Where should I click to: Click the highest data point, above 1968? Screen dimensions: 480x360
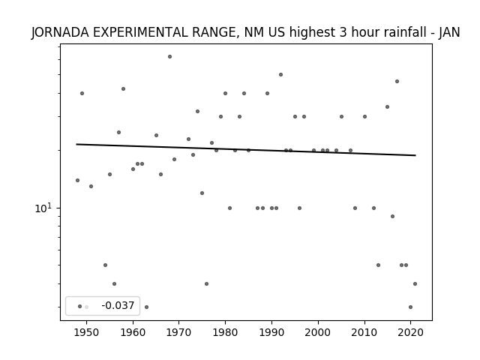[170, 57]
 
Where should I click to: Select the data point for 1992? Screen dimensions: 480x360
[280, 75]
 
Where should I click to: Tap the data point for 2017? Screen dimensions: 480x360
[397, 82]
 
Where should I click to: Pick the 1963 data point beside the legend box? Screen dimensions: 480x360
[147, 307]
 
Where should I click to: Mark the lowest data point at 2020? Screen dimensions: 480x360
[410, 307]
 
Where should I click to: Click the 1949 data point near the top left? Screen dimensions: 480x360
[82, 93]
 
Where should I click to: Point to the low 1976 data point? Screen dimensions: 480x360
[207, 283]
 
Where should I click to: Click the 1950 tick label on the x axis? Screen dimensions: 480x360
[87, 332]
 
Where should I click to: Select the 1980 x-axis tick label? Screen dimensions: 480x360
[225, 332]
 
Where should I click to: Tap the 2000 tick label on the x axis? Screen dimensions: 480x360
[318, 332]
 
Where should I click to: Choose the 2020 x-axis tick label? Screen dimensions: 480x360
[410, 332]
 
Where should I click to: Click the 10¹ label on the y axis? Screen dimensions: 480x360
[43, 208]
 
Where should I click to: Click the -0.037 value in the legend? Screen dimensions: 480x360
[118, 305]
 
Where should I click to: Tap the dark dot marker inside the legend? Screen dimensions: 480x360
[80, 307]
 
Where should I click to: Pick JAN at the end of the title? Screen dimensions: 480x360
[449, 32]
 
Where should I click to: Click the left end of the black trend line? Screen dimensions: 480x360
[76, 144]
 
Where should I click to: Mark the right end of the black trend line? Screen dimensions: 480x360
[415, 155]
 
